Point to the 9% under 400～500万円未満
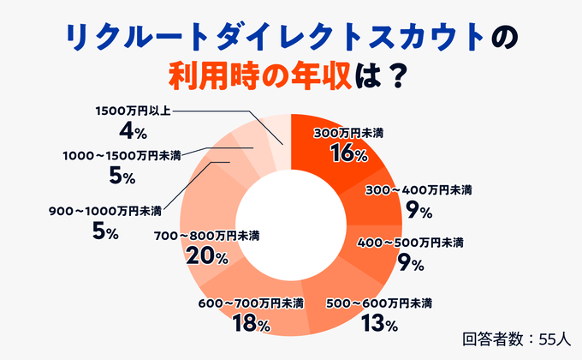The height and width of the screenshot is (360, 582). [x=411, y=263]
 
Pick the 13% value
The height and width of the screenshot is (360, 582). [x=380, y=324]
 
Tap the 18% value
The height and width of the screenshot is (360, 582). [x=252, y=324]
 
